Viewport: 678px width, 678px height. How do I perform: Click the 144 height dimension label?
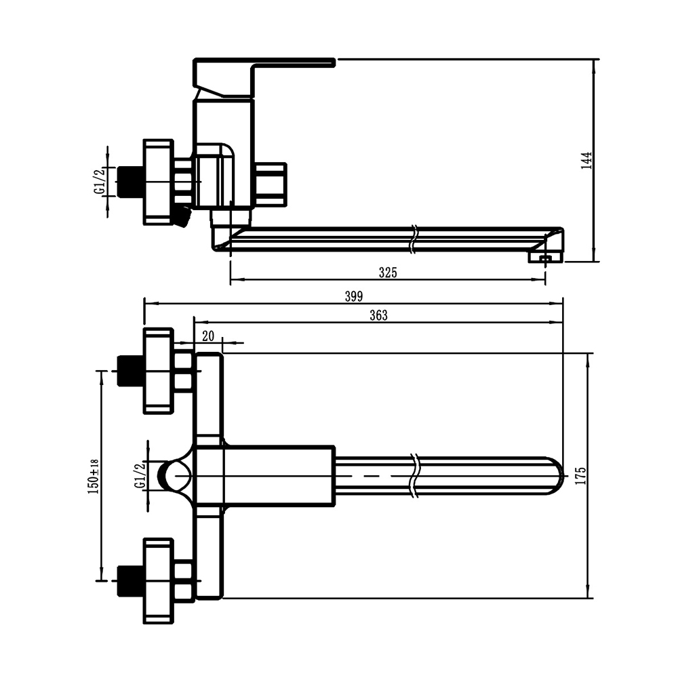point(586,160)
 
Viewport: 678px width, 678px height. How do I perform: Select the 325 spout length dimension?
point(388,273)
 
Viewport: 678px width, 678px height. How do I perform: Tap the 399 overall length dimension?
point(354,297)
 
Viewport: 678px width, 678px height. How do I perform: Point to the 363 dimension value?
point(378,316)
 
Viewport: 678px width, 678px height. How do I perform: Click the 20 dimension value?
point(208,336)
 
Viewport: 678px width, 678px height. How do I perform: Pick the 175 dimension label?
point(580,476)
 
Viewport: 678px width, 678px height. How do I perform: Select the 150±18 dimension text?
point(94,477)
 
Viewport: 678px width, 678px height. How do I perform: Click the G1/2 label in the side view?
point(100,182)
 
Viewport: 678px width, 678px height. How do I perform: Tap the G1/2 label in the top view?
point(140,475)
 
